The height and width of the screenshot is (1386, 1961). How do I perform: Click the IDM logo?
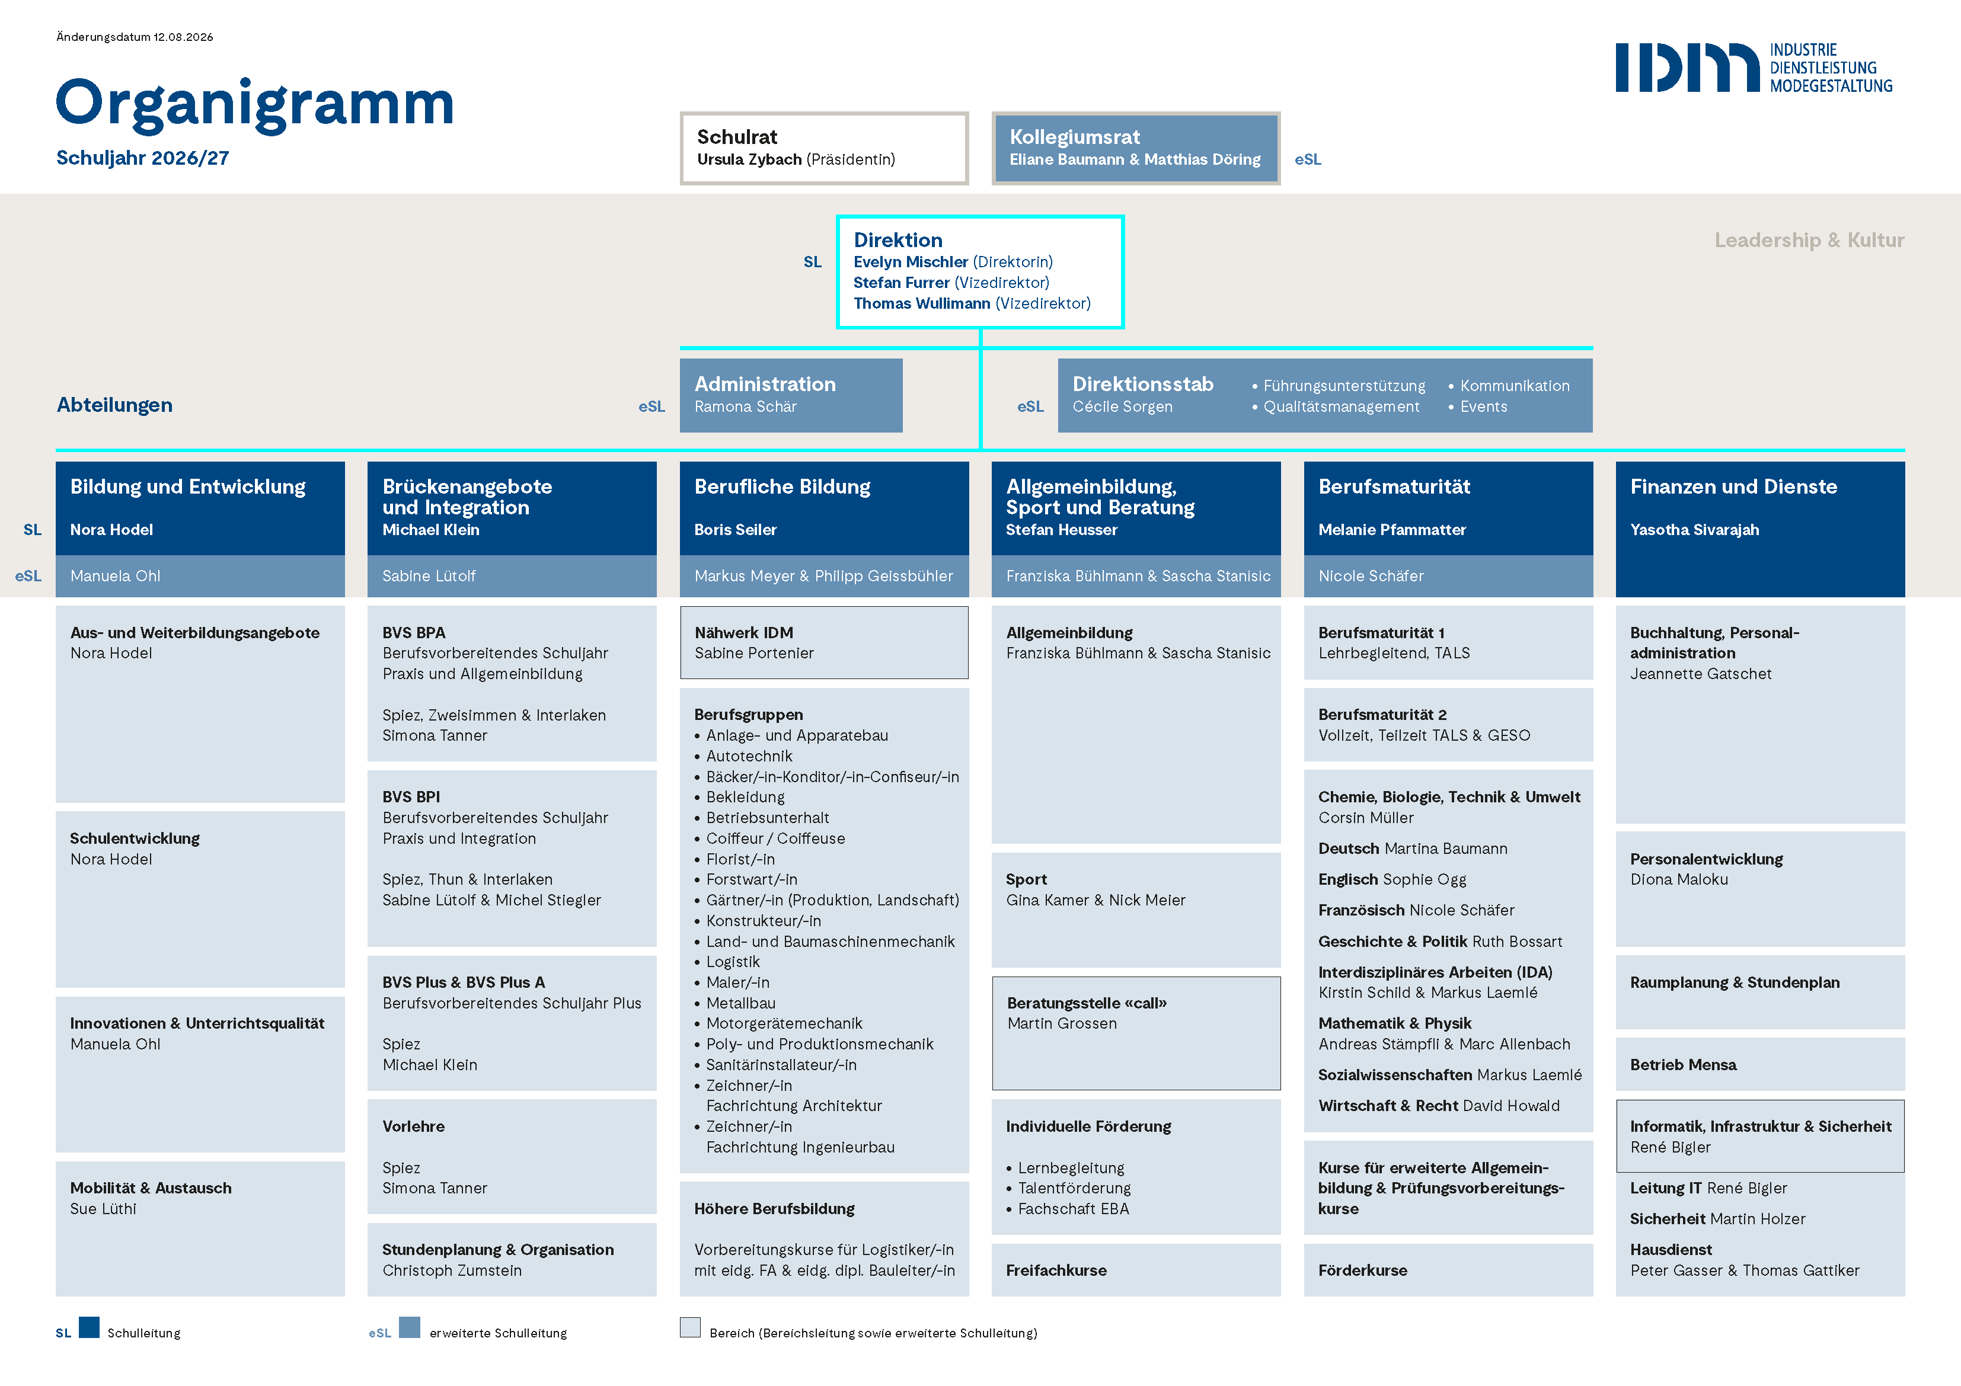click(1754, 68)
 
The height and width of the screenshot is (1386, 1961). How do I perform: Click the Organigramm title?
click(254, 104)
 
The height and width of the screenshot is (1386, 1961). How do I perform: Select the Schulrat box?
click(824, 148)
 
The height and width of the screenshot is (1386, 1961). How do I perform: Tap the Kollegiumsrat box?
click(1135, 148)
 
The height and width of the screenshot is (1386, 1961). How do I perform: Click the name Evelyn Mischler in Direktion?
click(911, 262)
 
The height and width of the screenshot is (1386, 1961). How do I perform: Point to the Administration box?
click(791, 395)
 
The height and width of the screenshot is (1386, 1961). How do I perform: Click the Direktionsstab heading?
click(1143, 385)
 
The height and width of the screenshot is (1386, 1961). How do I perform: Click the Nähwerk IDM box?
click(824, 642)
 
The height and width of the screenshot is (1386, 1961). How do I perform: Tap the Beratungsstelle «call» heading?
click(1087, 1003)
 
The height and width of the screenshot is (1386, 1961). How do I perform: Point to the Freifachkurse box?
click(1136, 1270)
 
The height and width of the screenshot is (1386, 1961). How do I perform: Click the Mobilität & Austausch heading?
click(151, 1188)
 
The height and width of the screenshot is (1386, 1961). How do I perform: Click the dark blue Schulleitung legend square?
click(89, 1327)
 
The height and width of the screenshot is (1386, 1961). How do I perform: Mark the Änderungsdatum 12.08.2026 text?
click(135, 37)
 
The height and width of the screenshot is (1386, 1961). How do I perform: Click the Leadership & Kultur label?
click(1809, 240)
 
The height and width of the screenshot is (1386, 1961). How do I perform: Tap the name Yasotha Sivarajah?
click(1694, 530)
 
